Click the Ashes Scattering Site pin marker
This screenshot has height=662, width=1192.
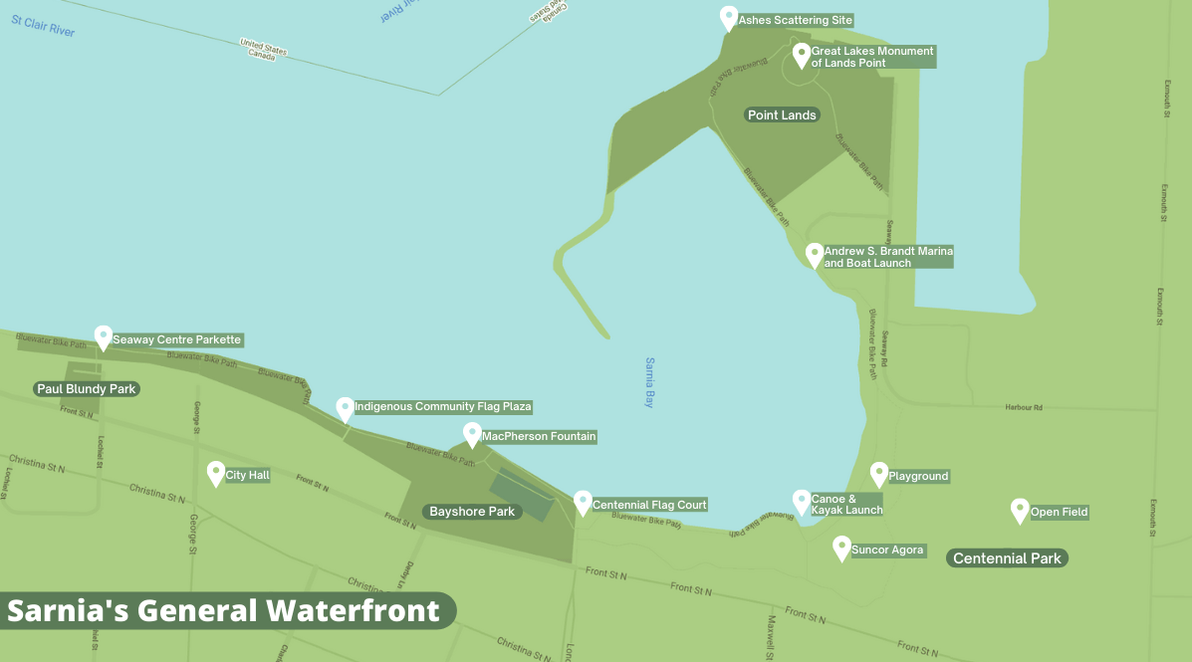pos(728,18)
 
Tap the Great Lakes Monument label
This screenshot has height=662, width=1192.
pos(872,57)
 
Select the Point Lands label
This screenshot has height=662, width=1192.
pos(782,115)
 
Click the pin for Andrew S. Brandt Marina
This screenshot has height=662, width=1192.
pos(815,255)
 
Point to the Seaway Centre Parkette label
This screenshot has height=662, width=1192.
pos(176,339)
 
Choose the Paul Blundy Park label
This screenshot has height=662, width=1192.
pos(87,389)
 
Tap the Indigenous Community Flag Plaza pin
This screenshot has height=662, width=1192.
pos(345,408)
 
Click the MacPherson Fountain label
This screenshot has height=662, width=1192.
pos(539,436)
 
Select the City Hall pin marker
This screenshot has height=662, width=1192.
pos(215,473)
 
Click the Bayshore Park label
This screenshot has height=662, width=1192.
pos(472,512)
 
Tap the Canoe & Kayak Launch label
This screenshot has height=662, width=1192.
pos(846,505)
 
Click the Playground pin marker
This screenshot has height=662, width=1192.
pos(878,474)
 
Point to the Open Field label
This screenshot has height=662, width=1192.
pos(1059,513)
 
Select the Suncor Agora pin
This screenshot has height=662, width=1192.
pos(841,548)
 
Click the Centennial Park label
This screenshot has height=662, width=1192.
pos(1007,558)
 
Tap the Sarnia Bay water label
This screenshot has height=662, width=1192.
pos(648,382)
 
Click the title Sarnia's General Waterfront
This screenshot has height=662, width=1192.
pos(224,610)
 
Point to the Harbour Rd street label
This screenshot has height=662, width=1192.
pos(1023,407)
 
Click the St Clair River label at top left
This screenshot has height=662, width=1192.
pos(43,26)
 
